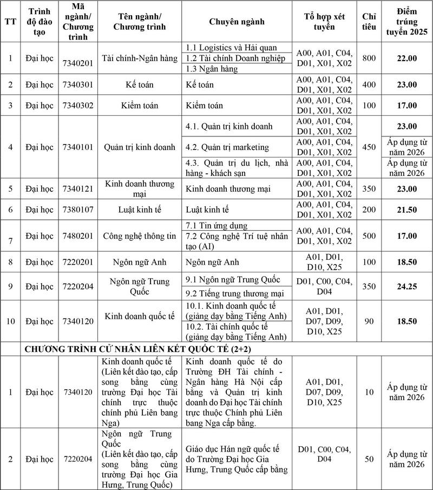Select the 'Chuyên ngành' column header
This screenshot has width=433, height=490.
tap(237, 22)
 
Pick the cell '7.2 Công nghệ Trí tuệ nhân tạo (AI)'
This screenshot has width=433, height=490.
tap(237, 241)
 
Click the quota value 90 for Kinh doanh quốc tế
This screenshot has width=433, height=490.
tap(369, 321)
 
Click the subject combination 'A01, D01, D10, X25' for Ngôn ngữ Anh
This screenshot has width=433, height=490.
tap(324, 262)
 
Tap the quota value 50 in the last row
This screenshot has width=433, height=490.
tap(369, 459)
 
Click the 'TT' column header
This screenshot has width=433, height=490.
tap(10, 22)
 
